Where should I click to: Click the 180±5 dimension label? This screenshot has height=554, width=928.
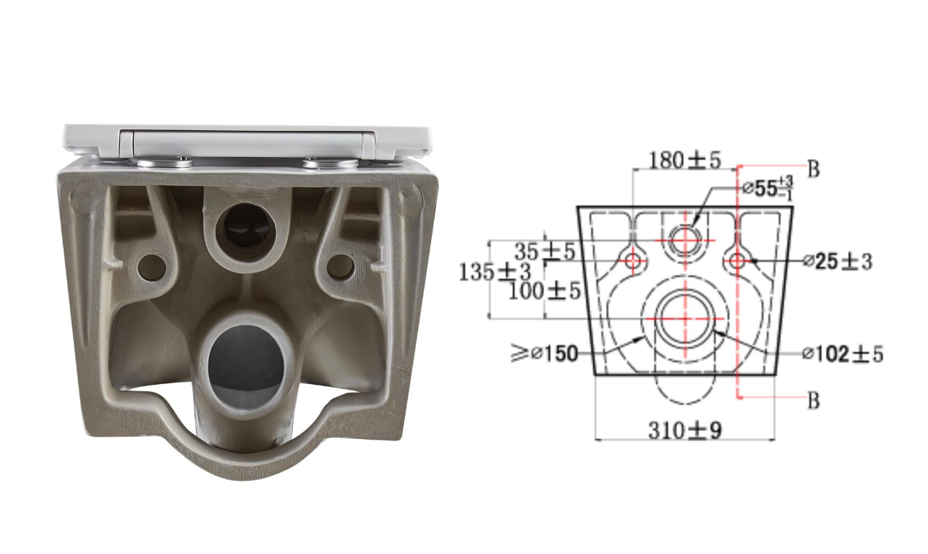tap(684, 160)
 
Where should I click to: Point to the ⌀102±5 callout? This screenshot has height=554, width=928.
tap(842, 354)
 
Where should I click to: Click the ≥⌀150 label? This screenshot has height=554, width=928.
tap(545, 354)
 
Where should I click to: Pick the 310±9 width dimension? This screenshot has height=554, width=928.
tap(684, 430)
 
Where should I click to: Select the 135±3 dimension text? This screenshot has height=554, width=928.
tap(495, 272)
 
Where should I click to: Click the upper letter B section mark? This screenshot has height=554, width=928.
tap(813, 169)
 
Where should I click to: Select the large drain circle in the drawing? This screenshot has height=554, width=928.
tap(684, 318)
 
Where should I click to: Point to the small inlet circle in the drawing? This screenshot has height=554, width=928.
tap(684, 239)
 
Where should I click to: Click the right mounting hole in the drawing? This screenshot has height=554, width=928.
tap(736, 260)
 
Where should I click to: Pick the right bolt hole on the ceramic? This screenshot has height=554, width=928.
tap(341, 267)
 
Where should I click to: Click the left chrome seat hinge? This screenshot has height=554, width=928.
tap(165, 162)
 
